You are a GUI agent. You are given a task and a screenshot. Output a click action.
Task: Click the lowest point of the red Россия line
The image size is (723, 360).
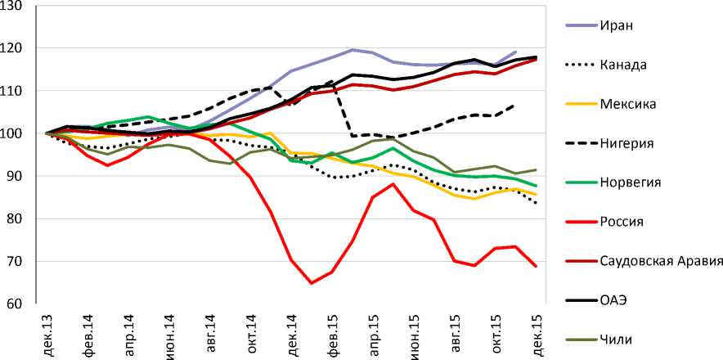coord(312,283)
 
